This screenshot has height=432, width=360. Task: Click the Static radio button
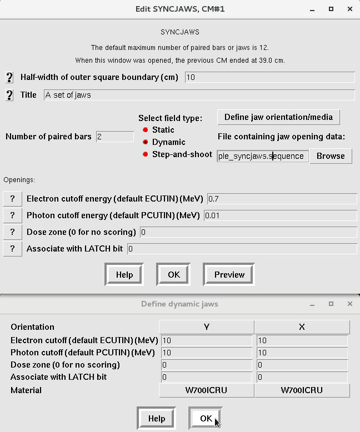pos(146,130)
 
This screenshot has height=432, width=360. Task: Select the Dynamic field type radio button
pos(146,142)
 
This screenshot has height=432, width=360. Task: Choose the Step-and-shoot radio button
pos(146,154)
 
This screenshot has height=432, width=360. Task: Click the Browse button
pos(331,156)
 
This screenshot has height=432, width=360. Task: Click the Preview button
pos(229,275)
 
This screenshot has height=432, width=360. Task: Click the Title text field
pos(199,95)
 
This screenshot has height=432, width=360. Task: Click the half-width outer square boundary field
pos(269,77)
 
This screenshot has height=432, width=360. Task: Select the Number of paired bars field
pos(114,137)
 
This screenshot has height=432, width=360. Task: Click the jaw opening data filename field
pos(262,156)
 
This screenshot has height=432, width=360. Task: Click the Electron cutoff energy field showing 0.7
pos(282,198)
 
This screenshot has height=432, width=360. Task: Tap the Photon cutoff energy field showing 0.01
pos(281,215)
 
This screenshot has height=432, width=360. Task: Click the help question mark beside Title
pos(9,95)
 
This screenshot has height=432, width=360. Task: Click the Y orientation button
pos(207,327)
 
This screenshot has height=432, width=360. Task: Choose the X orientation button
pos(302,327)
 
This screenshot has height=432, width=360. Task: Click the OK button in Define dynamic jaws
pos(206,418)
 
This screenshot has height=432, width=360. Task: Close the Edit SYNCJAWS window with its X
pos(349,9)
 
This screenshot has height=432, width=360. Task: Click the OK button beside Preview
pos(173,275)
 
